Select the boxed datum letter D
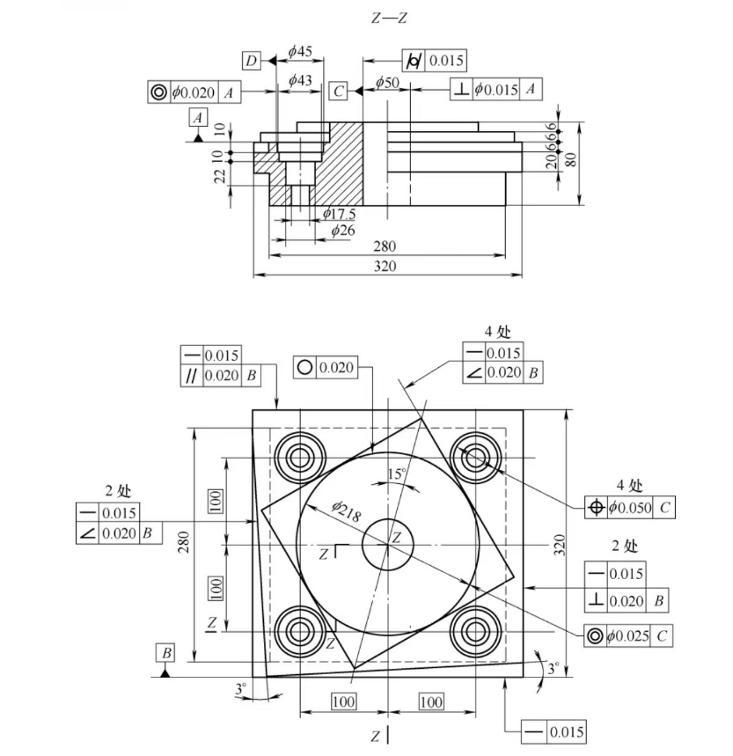(252, 60)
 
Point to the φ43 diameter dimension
(301, 80)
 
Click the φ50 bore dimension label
(387, 82)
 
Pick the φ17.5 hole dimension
(339, 213)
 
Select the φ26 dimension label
(342, 230)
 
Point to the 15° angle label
(397, 474)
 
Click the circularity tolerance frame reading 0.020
(325, 368)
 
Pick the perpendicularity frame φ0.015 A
(496, 89)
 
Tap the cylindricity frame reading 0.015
(434, 60)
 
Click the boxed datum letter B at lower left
(165, 653)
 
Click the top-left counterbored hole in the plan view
(299, 457)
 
